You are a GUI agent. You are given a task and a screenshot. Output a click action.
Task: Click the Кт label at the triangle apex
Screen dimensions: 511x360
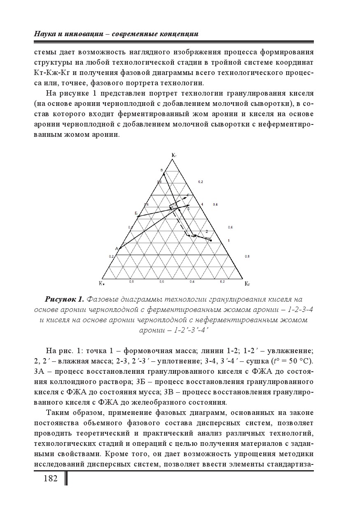click(174, 155)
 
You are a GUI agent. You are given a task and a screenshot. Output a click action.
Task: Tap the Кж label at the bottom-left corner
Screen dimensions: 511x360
click(101, 284)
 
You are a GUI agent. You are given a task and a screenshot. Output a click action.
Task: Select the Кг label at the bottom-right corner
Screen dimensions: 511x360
click(247, 284)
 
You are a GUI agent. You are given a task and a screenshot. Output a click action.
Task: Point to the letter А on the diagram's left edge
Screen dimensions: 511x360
click(117, 248)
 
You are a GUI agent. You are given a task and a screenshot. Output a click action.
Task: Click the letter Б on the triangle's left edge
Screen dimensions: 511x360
click(136, 213)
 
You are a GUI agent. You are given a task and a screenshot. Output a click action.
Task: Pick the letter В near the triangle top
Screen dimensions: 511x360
click(162, 170)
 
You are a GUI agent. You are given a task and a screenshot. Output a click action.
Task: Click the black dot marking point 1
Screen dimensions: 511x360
click(211, 240)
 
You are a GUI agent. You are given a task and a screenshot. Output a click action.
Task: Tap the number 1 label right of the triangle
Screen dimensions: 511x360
click(228, 240)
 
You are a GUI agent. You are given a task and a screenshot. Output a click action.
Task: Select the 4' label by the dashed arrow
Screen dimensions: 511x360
click(188, 195)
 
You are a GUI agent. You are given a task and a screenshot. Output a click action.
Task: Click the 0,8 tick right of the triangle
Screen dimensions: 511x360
click(247, 256)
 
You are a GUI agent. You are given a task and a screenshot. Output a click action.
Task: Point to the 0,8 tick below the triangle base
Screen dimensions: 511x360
click(131, 281)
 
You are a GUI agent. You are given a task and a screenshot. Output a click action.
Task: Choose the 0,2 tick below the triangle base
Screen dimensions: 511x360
click(222, 281)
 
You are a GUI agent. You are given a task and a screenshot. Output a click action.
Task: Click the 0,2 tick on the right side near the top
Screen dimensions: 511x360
click(201, 181)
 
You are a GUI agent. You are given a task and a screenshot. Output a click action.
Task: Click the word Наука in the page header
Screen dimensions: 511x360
click(44, 34)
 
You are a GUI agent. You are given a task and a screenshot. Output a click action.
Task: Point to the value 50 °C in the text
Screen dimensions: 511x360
click(301, 361)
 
